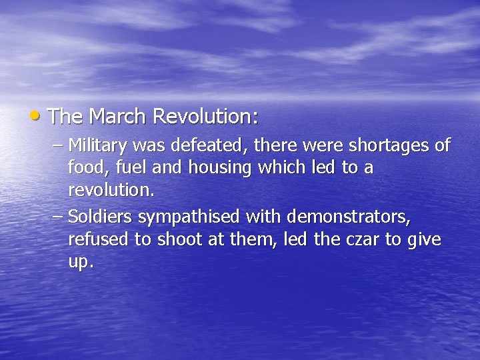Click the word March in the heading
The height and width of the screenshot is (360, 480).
[x=118, y=117]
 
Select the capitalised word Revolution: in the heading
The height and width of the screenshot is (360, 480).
[x=205, y=117]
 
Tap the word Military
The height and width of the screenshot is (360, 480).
[x=99, y=145]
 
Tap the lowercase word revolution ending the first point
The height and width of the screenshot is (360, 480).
[x=111, y=191]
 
